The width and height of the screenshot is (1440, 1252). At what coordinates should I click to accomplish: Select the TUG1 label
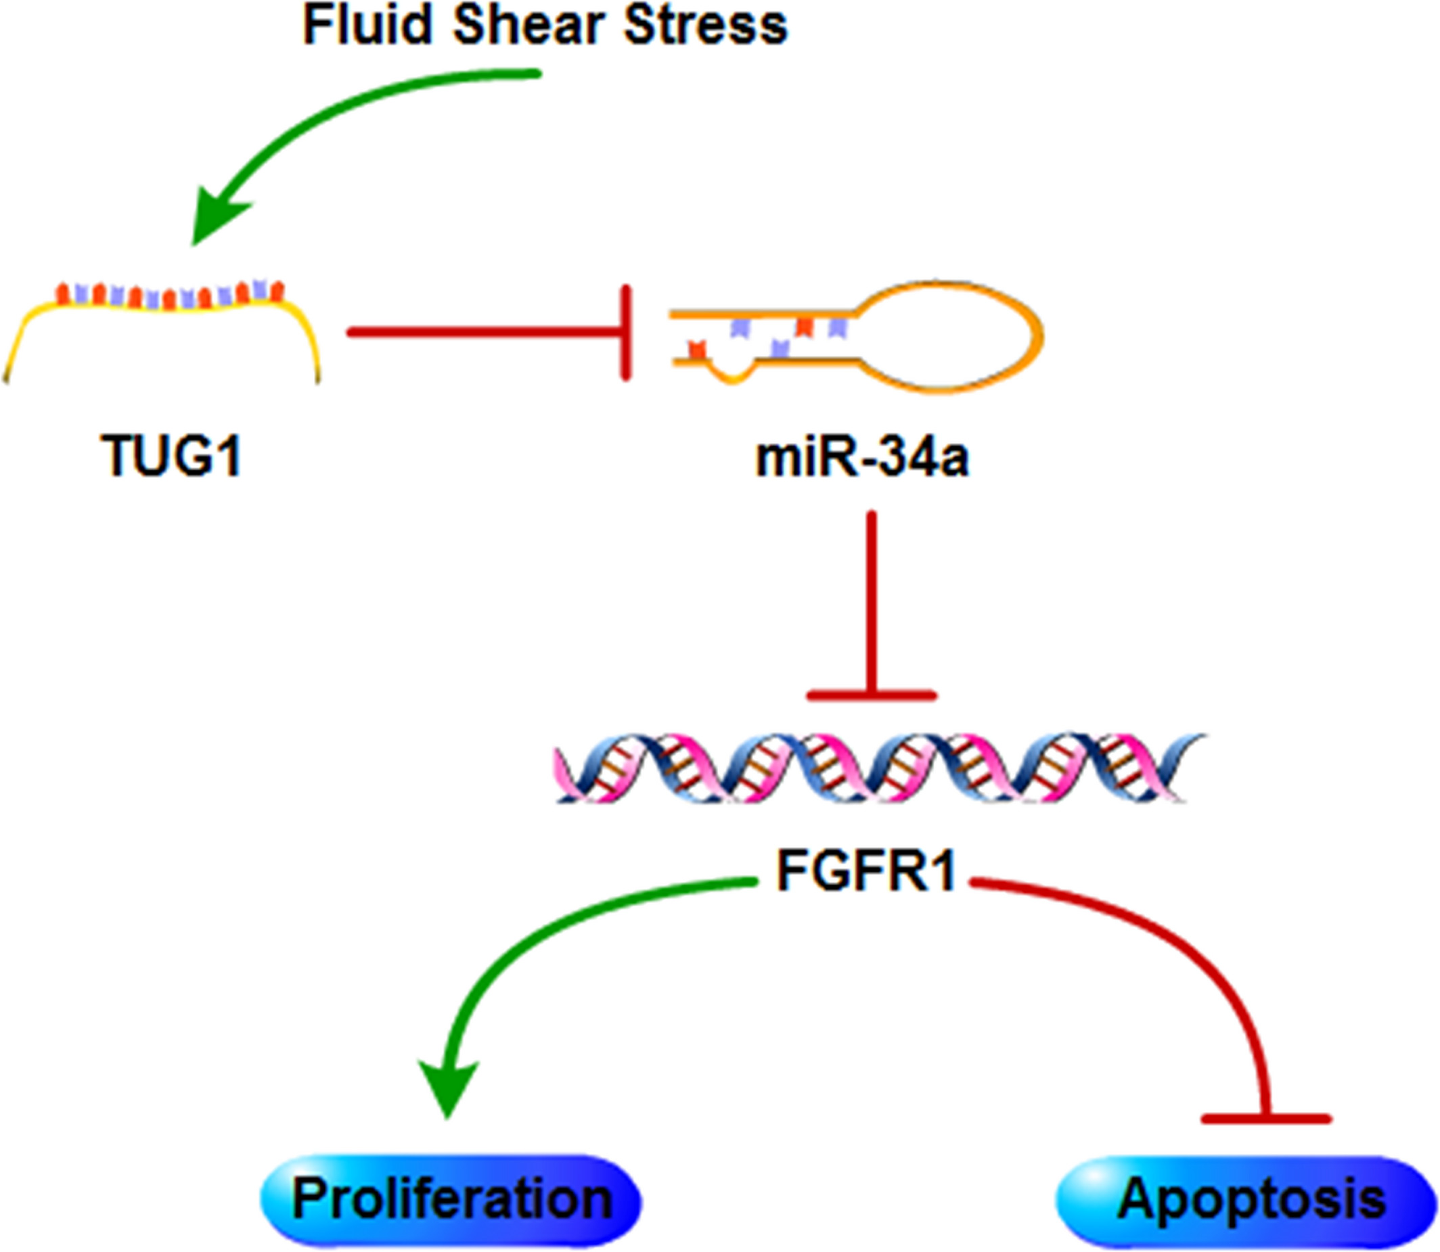pyautogui.click(x=172, y=455)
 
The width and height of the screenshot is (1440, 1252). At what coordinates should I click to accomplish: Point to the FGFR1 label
pyautogui.click(x=865, y=871)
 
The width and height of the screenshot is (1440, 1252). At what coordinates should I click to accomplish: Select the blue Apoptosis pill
pyautogui.click(x=1248, y=1200)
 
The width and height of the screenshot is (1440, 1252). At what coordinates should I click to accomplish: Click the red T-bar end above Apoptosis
pyautogui.click(x=1266, y=1119)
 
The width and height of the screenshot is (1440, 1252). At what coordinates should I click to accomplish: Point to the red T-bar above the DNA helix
pyautogui.click(x=871, y=695)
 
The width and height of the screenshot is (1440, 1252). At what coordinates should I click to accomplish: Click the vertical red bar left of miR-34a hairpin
pyautogui.click(x=627, y=333)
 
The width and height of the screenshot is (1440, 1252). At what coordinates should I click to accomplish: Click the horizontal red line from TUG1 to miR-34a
pyautogui.click(x=482, y=333)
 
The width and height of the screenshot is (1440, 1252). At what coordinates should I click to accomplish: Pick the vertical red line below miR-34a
pyautogui.click(x=871, y=601)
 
